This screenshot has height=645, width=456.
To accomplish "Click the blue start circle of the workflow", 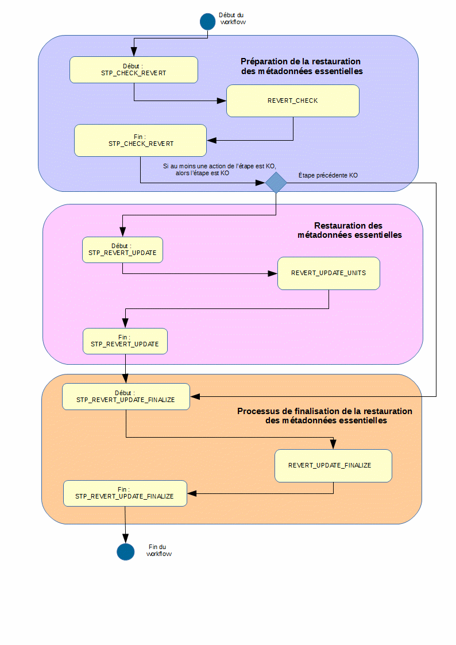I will pyautogui.click(x=207, y=22).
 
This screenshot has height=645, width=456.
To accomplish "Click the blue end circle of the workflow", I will pyautogui.click(x=125, y=552).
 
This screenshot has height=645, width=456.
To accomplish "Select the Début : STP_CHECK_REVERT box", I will pyautogui.click(x=134, y=69).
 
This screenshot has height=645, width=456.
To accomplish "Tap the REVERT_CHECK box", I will pyautogui.click(x=292, y=101).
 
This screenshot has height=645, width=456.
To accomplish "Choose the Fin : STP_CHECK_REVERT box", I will pyautogui.click(x=140, y=140).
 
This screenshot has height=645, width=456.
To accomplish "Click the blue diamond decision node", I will pyautogui.click(x=276, y=183).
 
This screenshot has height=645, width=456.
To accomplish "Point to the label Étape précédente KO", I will pyautogui.click(x=328, y=176).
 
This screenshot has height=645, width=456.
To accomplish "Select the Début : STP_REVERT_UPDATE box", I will pyautogui.click(x=122, y=250).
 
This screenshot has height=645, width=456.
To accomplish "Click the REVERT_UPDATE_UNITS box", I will pyautogui.click(x=329, y=273).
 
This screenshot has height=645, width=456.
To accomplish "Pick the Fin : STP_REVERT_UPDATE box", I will pyautogui.click(x=125, y=341).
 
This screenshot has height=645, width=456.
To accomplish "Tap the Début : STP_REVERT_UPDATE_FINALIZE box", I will pyautogui.click(x=126, y=396).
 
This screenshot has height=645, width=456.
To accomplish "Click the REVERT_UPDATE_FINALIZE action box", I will pyautogui.click(x=333, y=465).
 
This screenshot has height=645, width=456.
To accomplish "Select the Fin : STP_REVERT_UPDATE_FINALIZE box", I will pyautogui.click(x=125, y=493).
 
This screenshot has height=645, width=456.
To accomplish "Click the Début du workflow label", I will pyautogui.click(x=233, y=19).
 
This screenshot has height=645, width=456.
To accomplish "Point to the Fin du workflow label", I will pyautogui.click(x=159, y=550).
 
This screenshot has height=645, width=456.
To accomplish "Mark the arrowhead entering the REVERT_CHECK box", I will pyautogui.click(x=222, y=101).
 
